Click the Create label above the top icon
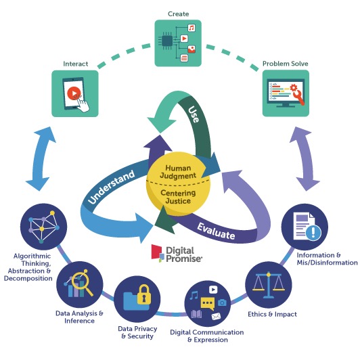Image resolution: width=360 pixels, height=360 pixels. (x=178, y=14)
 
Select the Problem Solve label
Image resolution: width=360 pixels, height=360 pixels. (x=285, y=64)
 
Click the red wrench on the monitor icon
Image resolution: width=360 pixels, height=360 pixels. (x=299, y=97)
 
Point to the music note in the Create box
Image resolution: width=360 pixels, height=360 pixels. (x=192, y=28)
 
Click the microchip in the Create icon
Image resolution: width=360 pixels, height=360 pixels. (x=167, y=41)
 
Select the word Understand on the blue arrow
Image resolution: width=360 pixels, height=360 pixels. (x=112, y=187)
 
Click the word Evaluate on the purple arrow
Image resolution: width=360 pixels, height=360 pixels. (x=217, y=231)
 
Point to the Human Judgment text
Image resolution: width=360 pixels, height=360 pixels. (x=178, y=172)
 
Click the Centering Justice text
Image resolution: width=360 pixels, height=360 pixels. (x=178, y=197)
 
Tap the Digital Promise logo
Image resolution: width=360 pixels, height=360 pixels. (x=177, y=254)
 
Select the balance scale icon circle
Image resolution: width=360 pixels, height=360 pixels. (x=269, y=286)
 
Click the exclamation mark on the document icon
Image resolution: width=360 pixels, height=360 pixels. (x=313, y=233)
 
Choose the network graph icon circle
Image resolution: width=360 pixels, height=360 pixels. (x=43, y=227)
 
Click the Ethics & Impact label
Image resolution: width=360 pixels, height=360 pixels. (x=272, y=314)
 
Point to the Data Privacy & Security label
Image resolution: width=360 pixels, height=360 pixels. (x=137, y=332)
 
